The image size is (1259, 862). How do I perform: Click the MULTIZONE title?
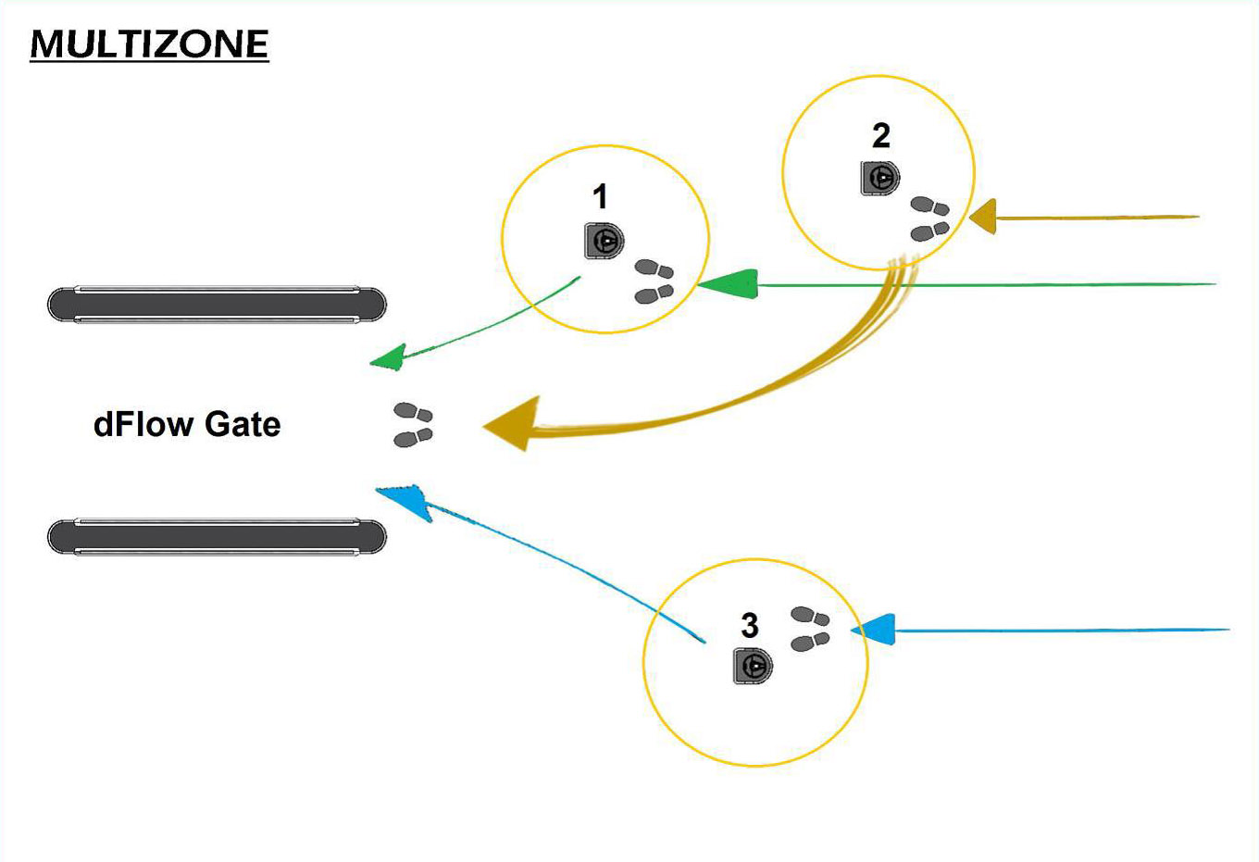tap(149, 44)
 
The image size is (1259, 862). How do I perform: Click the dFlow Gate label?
tap(187, 424)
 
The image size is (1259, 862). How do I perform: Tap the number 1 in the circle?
tap(600, 196)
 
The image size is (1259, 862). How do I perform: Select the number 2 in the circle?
tap(880, 135)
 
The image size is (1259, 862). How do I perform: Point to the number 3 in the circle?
tap(750, 626)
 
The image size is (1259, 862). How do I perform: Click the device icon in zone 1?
tap(604, 241)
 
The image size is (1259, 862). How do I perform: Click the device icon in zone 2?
tap(880, 177)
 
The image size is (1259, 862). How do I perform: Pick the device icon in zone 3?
tap(753, 666)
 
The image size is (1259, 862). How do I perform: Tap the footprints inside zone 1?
tap(654, 282)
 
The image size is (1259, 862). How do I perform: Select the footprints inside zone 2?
tap(929, 219)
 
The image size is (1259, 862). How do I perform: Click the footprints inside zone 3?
tap(810, 629)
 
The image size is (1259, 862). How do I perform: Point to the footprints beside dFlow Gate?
tap(413, 425)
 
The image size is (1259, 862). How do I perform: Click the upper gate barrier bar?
tap(217, 305)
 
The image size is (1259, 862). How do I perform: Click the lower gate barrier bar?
tap(217, 537)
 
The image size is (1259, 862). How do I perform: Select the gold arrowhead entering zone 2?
tap(983, 218)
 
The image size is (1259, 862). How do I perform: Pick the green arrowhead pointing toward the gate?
tap(390, 357)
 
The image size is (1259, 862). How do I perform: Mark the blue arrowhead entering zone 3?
tap(875, 630)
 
